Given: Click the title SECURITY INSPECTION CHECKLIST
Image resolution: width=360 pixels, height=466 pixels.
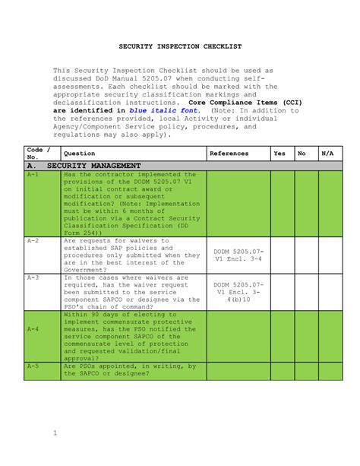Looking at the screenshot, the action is click(x=180, y=46).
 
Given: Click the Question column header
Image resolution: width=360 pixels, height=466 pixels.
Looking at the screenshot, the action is click(x=79, y=154).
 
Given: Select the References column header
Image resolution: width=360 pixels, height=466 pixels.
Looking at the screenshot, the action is click(x=229, y=154).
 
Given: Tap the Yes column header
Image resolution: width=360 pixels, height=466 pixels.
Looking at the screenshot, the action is click(x=279, y=154).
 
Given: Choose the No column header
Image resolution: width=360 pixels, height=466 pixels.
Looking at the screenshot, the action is click(x=302, y=154).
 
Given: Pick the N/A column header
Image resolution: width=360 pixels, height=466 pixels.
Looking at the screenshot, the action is click(x=327, y=154).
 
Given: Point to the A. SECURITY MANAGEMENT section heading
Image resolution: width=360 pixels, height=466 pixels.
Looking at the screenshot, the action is click(x=84, y=165).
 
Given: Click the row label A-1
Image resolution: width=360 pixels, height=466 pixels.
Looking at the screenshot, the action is click(x=33, y=174).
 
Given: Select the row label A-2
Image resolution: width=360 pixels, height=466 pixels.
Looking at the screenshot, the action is click(x=33, y=240).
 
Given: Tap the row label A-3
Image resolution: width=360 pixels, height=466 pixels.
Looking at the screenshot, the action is click(x=33, y=277).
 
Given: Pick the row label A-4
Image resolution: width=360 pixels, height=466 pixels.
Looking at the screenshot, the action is click(x=33, y=330).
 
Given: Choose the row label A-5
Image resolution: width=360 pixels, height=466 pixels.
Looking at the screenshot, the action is click(x=33, y=366).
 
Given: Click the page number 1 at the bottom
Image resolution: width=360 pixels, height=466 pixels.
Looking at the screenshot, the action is click(x=55, y=434).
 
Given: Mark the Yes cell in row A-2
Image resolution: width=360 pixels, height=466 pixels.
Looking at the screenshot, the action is click(x=279, y=254).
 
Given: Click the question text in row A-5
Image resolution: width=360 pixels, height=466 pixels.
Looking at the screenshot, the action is click(x=129, y=369).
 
